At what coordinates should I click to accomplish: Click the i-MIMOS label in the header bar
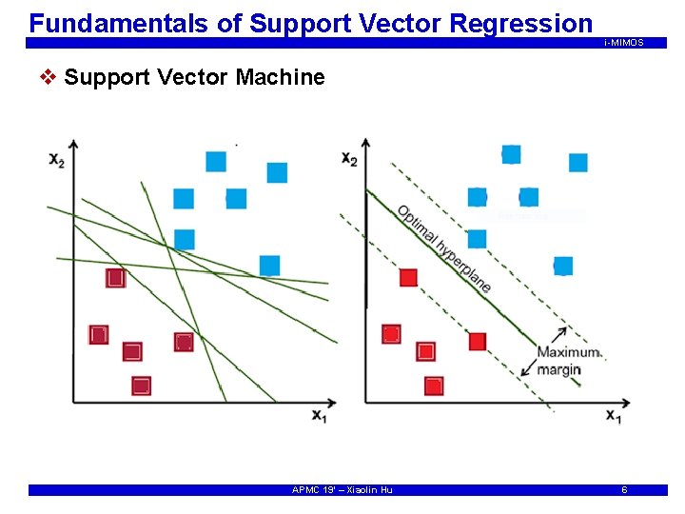click(623, 43)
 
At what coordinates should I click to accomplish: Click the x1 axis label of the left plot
click(318, 415)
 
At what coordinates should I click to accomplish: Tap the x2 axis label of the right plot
click(349, 158)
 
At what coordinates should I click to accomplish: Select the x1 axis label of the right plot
click(614, 416)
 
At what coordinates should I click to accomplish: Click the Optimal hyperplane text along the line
click(444, 247)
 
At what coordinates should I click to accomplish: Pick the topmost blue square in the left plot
click(216, 161)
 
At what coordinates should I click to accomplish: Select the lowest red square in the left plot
click(141, 385)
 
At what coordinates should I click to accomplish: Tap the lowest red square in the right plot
click(434, 385)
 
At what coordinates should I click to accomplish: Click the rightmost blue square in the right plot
click(577, 163)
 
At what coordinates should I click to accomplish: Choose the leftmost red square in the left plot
click(98, 334)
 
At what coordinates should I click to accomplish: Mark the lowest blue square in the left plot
click(269, 265)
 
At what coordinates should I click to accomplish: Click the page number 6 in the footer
click(624, 489)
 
